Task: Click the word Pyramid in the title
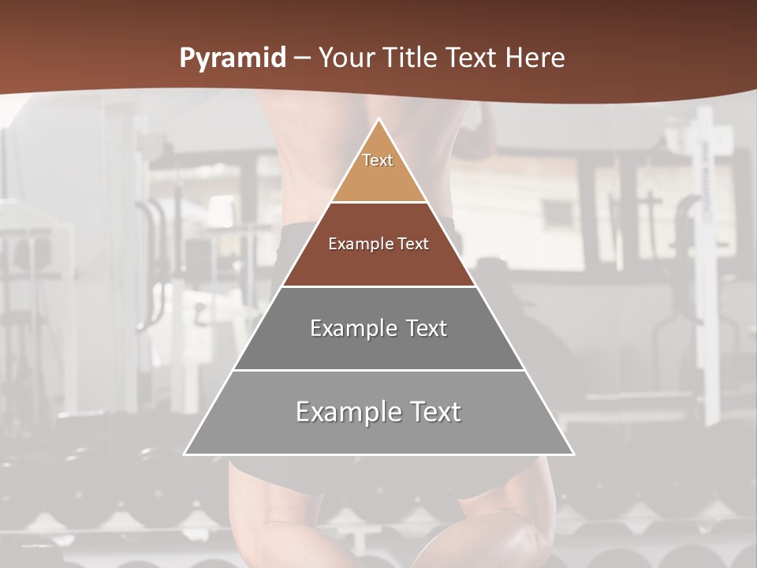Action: coord(233,58)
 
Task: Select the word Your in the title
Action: coord(346,58)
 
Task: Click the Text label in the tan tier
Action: coord(378,160)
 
